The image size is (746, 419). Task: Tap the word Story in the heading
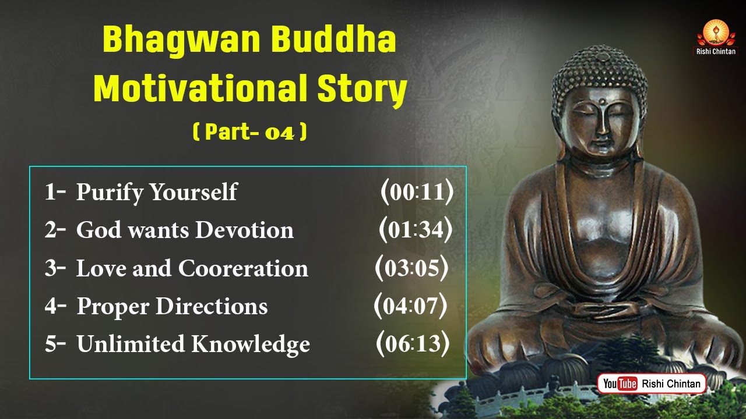coord(362,89)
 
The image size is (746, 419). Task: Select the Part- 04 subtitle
coord(250,132)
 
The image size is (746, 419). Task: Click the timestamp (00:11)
coord(417,192)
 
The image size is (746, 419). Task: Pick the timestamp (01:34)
coord(416,229)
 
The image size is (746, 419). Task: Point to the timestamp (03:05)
coord(411,268)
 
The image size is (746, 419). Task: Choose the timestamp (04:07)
coord(410,306)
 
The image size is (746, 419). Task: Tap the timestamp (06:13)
coord(413,343)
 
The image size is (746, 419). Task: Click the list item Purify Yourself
coord(157,193)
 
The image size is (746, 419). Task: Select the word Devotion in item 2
coord(244,229)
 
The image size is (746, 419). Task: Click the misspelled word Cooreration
coord(243,268)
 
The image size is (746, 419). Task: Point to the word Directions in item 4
coord(212,306)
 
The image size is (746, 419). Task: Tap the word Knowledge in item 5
coord(251,345)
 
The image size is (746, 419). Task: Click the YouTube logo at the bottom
coord(620,384)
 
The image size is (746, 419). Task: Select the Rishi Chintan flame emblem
coord(716,33)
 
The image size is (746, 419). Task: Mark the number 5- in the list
coord(55,343)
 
